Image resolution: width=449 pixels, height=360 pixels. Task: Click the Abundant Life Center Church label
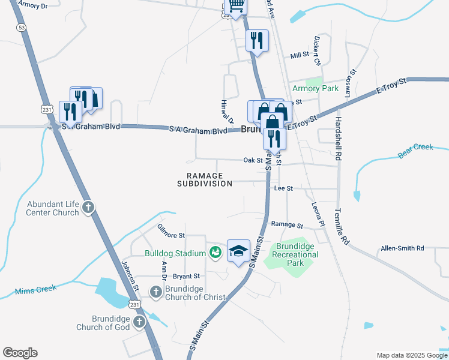coord(52,208)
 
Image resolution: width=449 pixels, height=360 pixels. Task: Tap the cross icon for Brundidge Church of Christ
coord(155,292)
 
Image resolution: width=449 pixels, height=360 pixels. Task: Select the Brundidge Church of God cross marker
coord(139,323)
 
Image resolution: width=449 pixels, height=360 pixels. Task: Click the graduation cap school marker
coord(238,251)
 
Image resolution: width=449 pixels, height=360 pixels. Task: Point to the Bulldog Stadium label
coord(175,253)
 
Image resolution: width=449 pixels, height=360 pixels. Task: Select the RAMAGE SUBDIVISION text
coord(205,179)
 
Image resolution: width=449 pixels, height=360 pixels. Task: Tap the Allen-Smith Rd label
coord(402,248)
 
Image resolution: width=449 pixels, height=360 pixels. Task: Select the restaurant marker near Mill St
coord(257,41)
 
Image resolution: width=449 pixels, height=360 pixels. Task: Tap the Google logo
coord(20,353)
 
